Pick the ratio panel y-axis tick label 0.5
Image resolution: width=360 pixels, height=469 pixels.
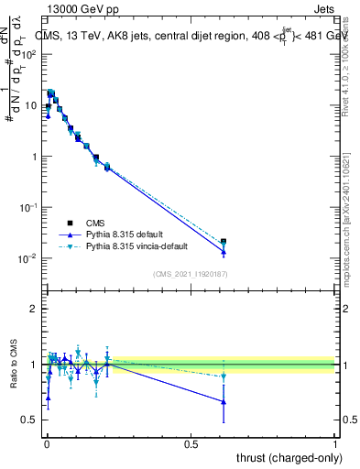[x=28, y=420]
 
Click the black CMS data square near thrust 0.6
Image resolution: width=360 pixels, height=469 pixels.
[x=224, y=242]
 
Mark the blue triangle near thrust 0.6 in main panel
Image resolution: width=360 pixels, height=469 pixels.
[x=224, y=252]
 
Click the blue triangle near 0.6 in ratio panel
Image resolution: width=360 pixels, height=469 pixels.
[x=224, y=402]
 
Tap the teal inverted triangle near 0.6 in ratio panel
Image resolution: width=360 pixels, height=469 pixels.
[x=224, y=376]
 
